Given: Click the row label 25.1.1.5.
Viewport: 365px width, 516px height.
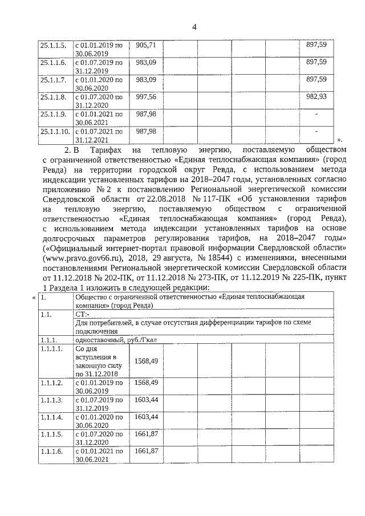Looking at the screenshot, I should point(53,44).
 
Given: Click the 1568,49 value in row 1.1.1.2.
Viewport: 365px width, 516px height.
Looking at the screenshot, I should point(145,382).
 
